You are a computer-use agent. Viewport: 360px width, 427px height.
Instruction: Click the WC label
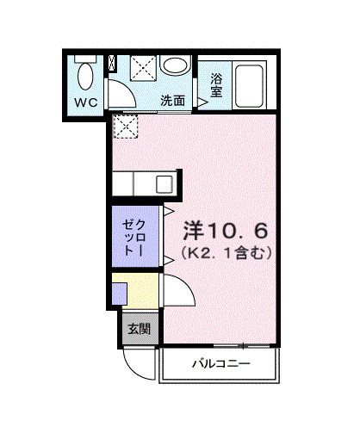click(84, 101)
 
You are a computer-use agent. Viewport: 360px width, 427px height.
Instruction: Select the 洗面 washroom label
click(173, 100)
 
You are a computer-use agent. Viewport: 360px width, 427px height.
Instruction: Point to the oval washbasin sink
click(176, 68)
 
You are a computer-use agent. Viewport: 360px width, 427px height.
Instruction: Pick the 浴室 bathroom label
click(216, 84)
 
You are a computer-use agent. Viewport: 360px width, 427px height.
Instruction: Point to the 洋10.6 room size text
click(227, 231)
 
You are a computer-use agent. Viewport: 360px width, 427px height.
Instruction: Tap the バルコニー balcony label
click(220, 364)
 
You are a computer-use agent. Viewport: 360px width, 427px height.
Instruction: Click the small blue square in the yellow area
click(119, 290)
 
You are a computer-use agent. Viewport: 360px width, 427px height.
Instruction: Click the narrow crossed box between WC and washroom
click(111, 65)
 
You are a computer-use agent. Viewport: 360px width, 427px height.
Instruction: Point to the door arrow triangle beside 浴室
click(203, 102)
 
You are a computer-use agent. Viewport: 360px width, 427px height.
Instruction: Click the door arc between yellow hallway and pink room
click(172, 288)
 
